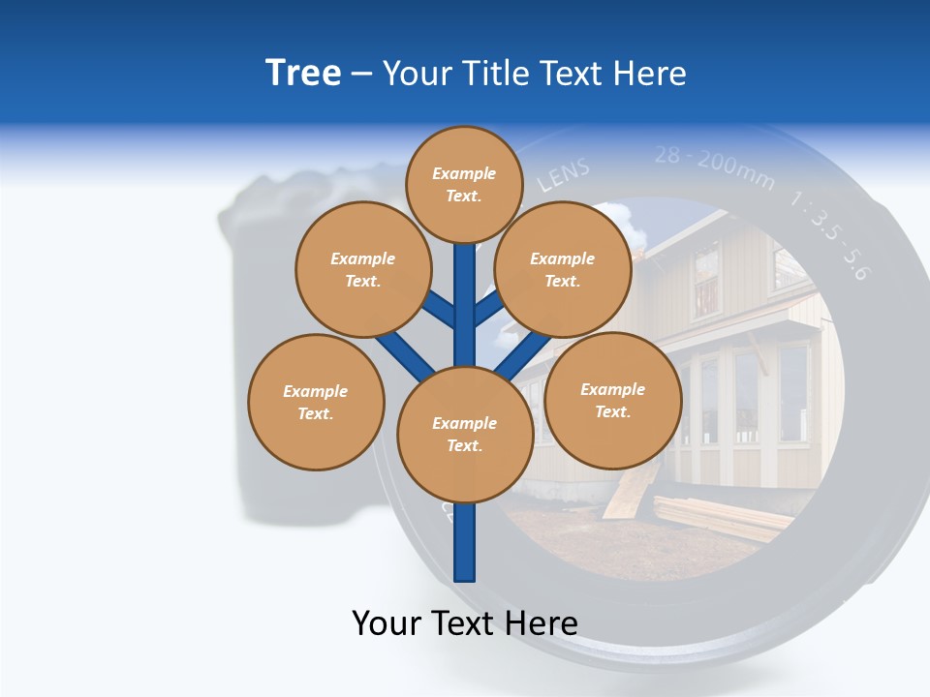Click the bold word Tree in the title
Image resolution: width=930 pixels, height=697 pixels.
303,73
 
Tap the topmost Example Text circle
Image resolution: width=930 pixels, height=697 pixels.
464,184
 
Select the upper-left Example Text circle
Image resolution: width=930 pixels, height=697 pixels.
362,269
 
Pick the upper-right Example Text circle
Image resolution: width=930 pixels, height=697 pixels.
562,269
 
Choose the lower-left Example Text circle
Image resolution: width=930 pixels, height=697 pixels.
316,402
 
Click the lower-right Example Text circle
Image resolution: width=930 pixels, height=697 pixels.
612,400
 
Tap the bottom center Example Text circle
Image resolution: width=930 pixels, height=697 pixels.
464,434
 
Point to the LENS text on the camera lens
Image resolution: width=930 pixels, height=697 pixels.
563,177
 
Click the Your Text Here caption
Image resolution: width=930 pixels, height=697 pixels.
464,622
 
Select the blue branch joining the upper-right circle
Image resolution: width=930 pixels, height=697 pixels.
488,310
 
